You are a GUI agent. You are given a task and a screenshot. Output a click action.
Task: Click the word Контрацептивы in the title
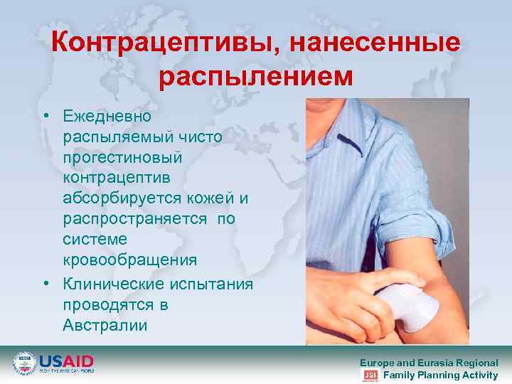pos(164,43)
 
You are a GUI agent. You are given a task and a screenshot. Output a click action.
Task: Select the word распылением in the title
pos(256,76)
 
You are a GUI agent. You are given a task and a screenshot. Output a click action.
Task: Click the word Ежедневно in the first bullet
pos(107,114)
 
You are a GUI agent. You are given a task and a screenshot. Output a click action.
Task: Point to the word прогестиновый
pos(123,154)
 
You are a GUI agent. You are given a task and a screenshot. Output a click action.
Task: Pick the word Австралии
pos(105,326)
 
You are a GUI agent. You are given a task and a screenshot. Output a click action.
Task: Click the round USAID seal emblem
pos(24,363)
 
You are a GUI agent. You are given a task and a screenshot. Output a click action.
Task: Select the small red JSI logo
pos(370,375)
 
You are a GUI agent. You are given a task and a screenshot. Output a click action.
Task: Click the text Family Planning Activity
pos(440,375)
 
